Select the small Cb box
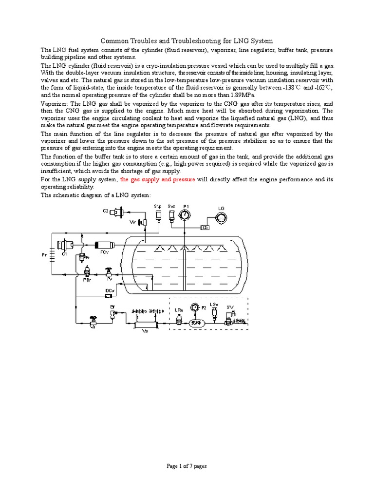coord(206,227)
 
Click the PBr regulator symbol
coord(87,271)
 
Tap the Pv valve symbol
coord(110,271)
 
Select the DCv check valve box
coord(110,291)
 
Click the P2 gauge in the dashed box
coord(195,308)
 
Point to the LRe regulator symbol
coord(178,319)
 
